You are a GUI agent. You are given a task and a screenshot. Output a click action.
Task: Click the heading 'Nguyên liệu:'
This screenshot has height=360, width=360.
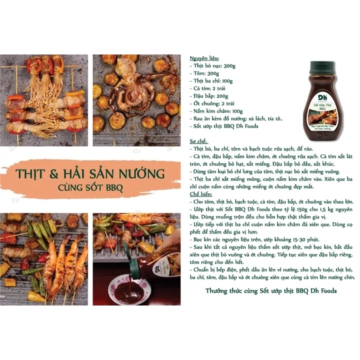(x=205, y=58)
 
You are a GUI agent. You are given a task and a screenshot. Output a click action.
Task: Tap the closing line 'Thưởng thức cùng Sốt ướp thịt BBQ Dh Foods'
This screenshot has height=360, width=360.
(x=271, y=290)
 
